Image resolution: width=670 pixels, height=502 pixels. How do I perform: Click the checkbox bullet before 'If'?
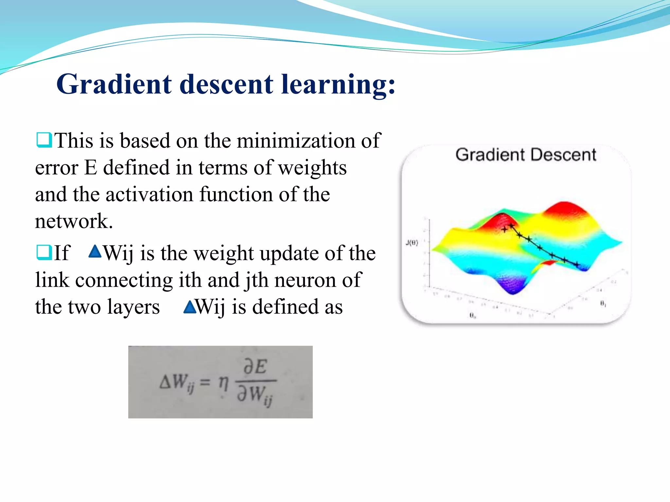coord(44,252)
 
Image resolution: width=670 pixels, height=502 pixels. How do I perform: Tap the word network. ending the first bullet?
coord(74,221)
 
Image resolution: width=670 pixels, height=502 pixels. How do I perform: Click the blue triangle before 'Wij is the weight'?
coord(95,252)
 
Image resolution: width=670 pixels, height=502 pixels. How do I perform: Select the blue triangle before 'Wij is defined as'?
coord(190,307)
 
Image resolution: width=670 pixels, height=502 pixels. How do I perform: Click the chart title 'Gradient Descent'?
coord(525,155)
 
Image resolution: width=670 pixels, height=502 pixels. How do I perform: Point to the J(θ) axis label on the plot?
coord(412,243)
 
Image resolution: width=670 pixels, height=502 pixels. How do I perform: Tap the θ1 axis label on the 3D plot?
coord(603,304)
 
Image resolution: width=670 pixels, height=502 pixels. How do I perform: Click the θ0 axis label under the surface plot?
coord(472,315)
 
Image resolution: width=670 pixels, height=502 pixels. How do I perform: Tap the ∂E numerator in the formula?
coord(256,367)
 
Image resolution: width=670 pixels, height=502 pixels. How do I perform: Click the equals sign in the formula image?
coord(205,382)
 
